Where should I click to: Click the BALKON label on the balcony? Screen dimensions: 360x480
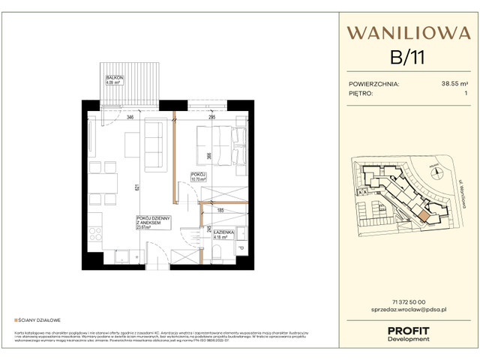pyautogui.click(x=115, y=79)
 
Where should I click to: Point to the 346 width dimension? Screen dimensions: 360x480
pyautogui.click(x=130, y=118)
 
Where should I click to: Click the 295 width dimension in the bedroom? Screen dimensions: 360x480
pyautogui.click(x=212, y=118)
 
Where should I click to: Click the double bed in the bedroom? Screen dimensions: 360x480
pyautogui.click(x=220, y=147)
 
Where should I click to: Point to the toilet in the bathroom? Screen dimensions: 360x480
pyautogui.click(x=217, y=255)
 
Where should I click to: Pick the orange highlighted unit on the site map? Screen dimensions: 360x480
pyautogui.click(x=424, y=216)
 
